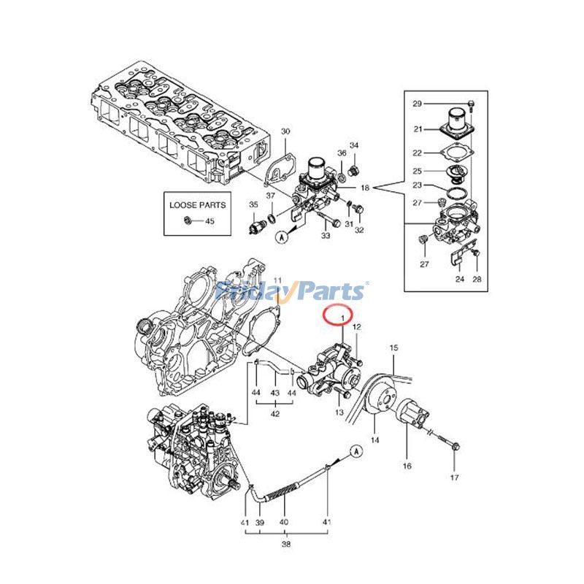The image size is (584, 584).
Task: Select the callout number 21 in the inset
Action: [x=417, y=129]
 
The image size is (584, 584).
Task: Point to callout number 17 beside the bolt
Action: [x=454, y=478]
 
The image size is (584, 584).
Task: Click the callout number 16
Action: [x=407, y=465]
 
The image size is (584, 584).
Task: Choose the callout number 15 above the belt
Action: [x=393, y=347]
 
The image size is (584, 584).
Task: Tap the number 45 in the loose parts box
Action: [x=210, y=220]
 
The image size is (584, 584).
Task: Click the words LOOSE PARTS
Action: [x=198, y=205]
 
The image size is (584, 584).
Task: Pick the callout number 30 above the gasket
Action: [x=285, y=131]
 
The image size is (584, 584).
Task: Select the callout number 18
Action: [x=365, y=188]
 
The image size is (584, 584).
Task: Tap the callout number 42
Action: [x=275, y=414]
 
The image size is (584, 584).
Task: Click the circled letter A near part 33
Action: [x=281, y=237]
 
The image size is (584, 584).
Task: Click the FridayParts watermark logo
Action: [x=292, y=291]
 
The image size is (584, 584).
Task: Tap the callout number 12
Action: [x=358, y=328]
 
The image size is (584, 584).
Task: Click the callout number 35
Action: [x=253, y=204]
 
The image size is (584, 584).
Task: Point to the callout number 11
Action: [x=277, y=281]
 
